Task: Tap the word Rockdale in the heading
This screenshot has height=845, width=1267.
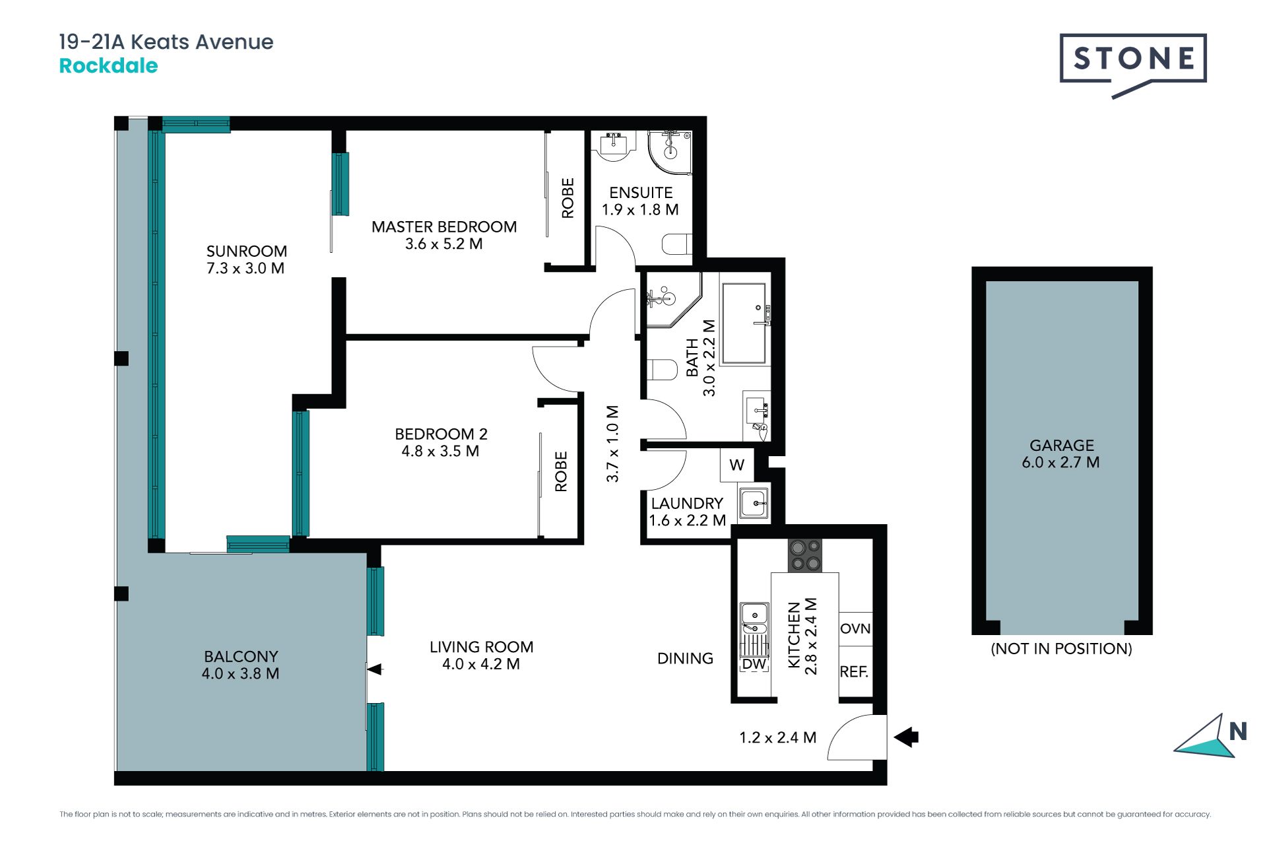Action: (x=108, y=66)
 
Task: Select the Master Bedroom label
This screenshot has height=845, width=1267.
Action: (x=444, y=226)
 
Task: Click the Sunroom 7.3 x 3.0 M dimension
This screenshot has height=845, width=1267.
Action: (x=245, y=268)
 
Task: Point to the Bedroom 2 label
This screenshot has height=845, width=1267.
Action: (x=441, y=434)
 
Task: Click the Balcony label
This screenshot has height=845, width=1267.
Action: (x=241, y=656)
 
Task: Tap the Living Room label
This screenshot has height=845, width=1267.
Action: (x=481, y=647)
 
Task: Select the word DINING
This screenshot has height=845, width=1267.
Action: (x=685, y=658)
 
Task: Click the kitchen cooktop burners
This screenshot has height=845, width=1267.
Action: (x=805, y=555)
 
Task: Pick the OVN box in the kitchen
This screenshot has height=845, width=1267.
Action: (x=855, y=628)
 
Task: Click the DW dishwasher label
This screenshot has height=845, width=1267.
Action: (x=754, y=664)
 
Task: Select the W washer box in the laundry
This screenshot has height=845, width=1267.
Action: (x=736, y=465)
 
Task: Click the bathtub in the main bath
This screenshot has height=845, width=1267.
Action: (x=744, y=323)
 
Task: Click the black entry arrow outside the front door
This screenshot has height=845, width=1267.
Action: (x=907, y=736)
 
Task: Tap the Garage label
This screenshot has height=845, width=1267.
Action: (x=1062, y=446)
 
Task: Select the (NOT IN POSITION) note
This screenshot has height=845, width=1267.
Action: (x=1061, y=648)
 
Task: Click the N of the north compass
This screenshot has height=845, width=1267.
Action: (x=1238, y=731)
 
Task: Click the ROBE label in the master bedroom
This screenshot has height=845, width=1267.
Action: (x=568, y=198)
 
